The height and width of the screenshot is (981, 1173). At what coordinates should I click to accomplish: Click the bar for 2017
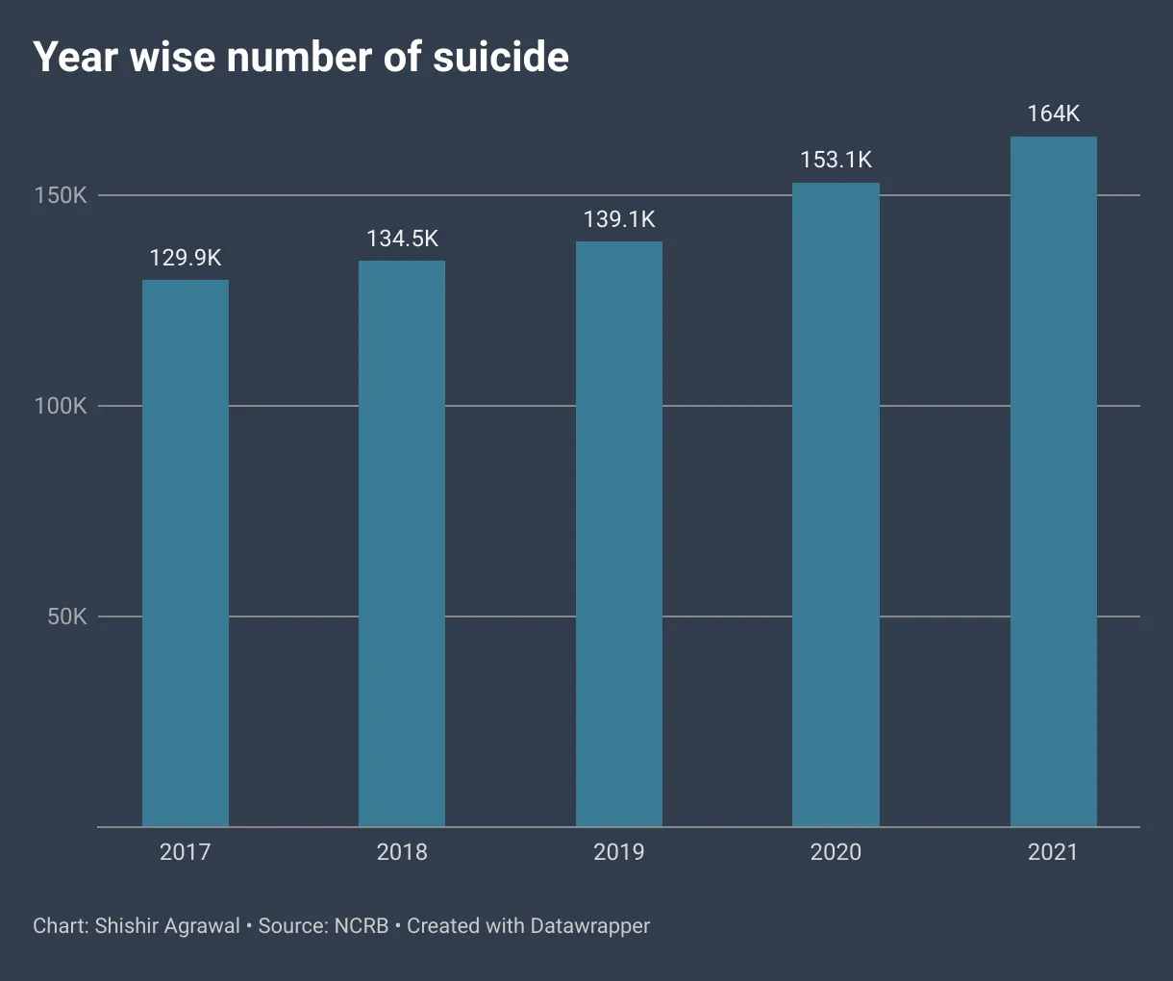click(x=186, y=553)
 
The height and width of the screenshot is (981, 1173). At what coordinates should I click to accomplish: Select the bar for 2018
click(x=402, y=543)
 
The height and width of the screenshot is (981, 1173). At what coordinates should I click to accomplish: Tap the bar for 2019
click(x=619, y=534)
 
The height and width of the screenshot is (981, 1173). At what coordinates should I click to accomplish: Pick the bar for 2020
click(x=836, y=505)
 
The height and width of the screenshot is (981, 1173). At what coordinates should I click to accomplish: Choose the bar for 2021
click(x=1053, y=481)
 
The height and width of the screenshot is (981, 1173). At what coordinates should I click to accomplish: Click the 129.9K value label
click(x=186, y=258)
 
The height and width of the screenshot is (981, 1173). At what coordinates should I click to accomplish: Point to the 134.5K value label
click(x=402, y=239)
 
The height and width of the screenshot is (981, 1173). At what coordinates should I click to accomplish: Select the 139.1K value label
click(x=619, y=219)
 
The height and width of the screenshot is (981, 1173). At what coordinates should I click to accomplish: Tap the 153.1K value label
click(x=836, y=160)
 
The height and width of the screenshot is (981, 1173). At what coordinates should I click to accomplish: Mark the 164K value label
click(x=1053, y=113)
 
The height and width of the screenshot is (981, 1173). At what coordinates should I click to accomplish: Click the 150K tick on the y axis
click(x=61, y=195)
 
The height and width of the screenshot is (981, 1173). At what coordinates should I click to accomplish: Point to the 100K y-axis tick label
click(x=61, y=406)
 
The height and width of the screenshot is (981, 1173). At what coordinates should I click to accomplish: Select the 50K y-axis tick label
click(x=67, y=616)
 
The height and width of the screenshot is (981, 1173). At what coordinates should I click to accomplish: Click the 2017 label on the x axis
click(x=186, y=852)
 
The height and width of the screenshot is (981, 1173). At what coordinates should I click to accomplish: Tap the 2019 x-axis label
click(x=619, y=852)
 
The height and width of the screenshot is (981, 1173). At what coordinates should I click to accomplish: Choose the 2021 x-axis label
click(x=1053, y=852)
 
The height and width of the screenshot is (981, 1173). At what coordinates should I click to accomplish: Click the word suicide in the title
click(x=500, y=58)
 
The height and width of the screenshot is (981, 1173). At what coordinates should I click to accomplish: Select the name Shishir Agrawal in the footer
click(x=167, y=926)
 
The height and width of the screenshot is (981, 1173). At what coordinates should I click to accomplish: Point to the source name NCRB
click(x=362, y=926)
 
